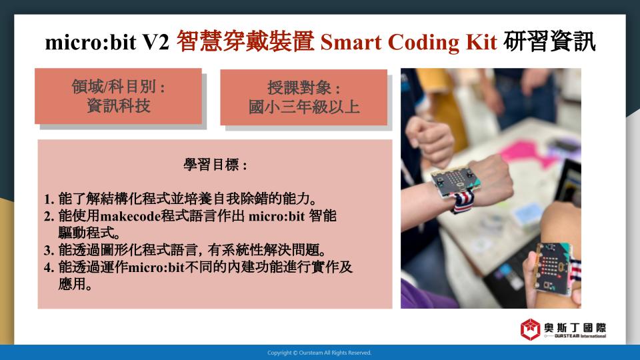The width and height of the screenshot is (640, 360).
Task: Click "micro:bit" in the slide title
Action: [90, 42]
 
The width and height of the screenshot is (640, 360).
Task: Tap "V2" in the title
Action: [155, 42]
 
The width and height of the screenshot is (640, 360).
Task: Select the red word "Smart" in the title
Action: [351, 42]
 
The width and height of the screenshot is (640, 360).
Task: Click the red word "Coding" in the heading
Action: [423, 43]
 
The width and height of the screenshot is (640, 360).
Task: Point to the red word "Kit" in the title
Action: [481, 42]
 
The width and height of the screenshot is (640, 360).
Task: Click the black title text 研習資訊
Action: [549, 41]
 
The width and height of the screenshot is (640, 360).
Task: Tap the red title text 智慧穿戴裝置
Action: [245, 41]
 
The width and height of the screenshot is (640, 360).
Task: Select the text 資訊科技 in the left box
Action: [119, 106]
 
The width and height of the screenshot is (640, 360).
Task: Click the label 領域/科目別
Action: [114, 87]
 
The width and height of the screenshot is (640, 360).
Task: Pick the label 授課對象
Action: [299, 88]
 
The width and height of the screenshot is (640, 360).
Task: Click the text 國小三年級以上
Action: [304, 107]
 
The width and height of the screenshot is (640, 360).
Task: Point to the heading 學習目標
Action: [211, 165]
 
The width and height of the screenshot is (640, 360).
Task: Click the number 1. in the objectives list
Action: [49, 199]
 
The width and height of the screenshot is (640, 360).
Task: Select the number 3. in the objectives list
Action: [49, 250]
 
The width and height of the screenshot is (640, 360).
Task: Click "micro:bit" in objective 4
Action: [156, 267]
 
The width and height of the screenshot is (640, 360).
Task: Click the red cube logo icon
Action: [530, 329]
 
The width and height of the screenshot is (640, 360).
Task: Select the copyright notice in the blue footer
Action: [319, 353]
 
